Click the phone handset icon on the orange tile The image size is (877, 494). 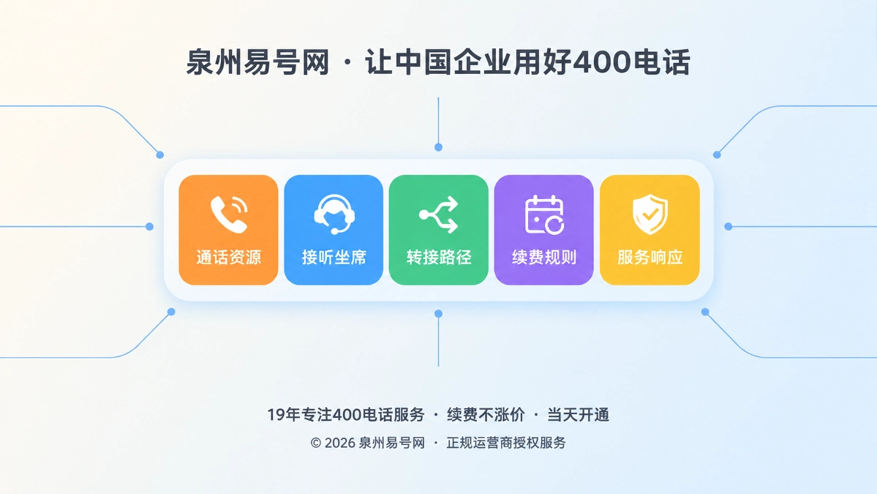pos(229,214)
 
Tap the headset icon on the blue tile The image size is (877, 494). pos(334,214)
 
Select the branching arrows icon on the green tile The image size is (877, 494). pos(439,214)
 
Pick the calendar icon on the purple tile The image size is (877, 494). pos(544,214)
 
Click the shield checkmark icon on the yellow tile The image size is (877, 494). pos(650,214)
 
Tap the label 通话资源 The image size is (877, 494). pos(229,258)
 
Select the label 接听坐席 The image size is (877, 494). pos(334,258)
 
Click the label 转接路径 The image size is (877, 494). pos(439,258)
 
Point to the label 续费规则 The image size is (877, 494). pos(544,258)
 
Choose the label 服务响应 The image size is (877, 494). pos(650,258)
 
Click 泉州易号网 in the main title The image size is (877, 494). pos(258,62)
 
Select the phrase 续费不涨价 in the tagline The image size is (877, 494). pos(486,414)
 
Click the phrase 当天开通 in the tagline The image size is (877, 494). pos(578,414)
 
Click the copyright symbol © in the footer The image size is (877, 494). pos(316,443)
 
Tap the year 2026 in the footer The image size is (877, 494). pos(340,443)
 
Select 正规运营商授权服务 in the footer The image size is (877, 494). pos(506,443)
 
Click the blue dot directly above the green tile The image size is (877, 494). pos(439,147)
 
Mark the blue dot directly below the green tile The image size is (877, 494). pos(439,314)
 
